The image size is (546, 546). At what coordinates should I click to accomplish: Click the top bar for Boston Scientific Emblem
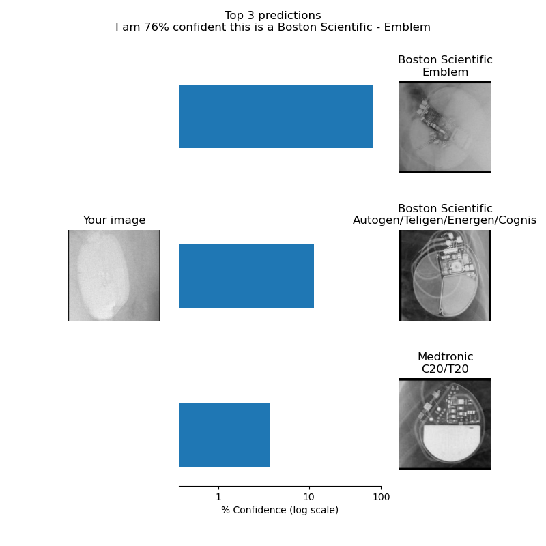point(276,116)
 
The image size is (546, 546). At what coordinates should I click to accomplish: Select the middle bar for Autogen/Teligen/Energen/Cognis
point(246,276)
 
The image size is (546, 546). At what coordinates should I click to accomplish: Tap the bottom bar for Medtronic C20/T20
point(224,435)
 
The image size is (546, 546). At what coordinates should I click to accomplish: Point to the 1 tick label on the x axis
point(218,497)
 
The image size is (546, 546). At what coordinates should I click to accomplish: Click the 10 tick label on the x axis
point(309,497)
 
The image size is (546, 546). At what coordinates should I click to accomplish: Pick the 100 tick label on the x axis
point(382,497)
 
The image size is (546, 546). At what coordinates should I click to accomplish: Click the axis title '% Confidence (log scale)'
point(280,510)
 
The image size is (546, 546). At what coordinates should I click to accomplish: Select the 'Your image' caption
point(114,220)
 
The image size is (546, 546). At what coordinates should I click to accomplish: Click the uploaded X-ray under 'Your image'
point(114,276)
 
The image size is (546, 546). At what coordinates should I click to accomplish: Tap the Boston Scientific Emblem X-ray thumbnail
point(445,127)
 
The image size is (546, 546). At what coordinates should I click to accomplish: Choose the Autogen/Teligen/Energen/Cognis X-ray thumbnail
point(445,276)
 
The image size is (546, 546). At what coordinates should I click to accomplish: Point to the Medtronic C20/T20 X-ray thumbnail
point(445,424)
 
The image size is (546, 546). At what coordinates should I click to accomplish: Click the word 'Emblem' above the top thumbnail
point(445,72)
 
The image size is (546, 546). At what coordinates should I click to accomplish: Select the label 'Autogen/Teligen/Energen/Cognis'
point(445,220)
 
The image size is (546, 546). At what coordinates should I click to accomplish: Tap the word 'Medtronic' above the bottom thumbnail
point(446,356)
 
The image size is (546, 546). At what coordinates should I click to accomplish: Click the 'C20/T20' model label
point(445,369)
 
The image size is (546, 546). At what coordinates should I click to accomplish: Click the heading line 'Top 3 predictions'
point(272,15)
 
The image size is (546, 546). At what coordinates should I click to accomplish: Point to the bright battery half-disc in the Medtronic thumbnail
point(452,442)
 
